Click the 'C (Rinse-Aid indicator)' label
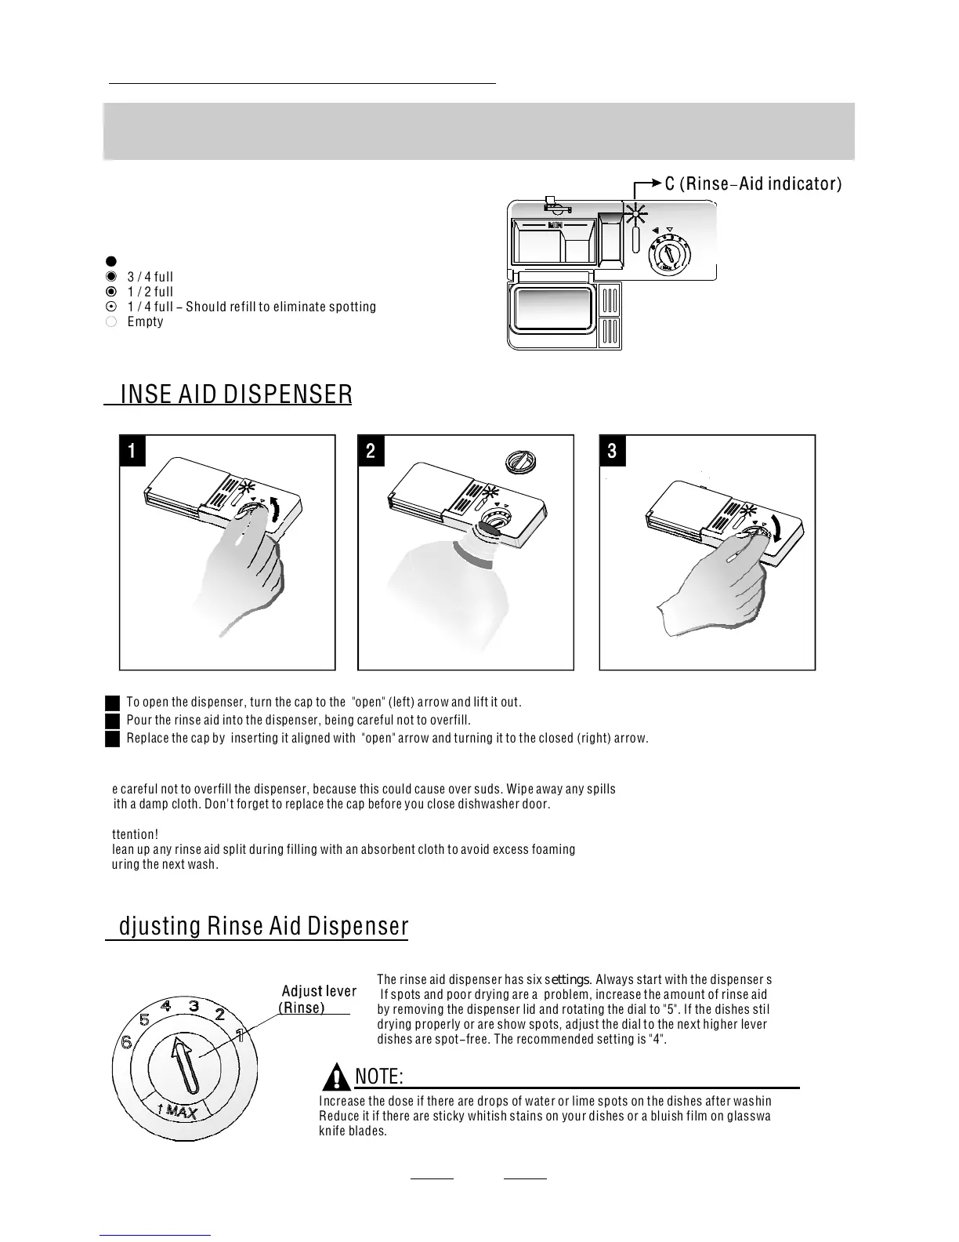[752, 184]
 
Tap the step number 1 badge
[132, 451]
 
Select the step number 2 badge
[371, 451]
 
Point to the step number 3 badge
[613, 451]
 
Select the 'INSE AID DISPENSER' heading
[236, 394]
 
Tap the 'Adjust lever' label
[319, 991]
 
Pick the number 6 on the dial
[125, 1044]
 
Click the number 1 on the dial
[241, 1035]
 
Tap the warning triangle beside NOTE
[337, 1077]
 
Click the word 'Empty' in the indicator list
[145, 321]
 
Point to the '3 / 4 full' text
[150, 277]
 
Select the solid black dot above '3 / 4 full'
[111, 261]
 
